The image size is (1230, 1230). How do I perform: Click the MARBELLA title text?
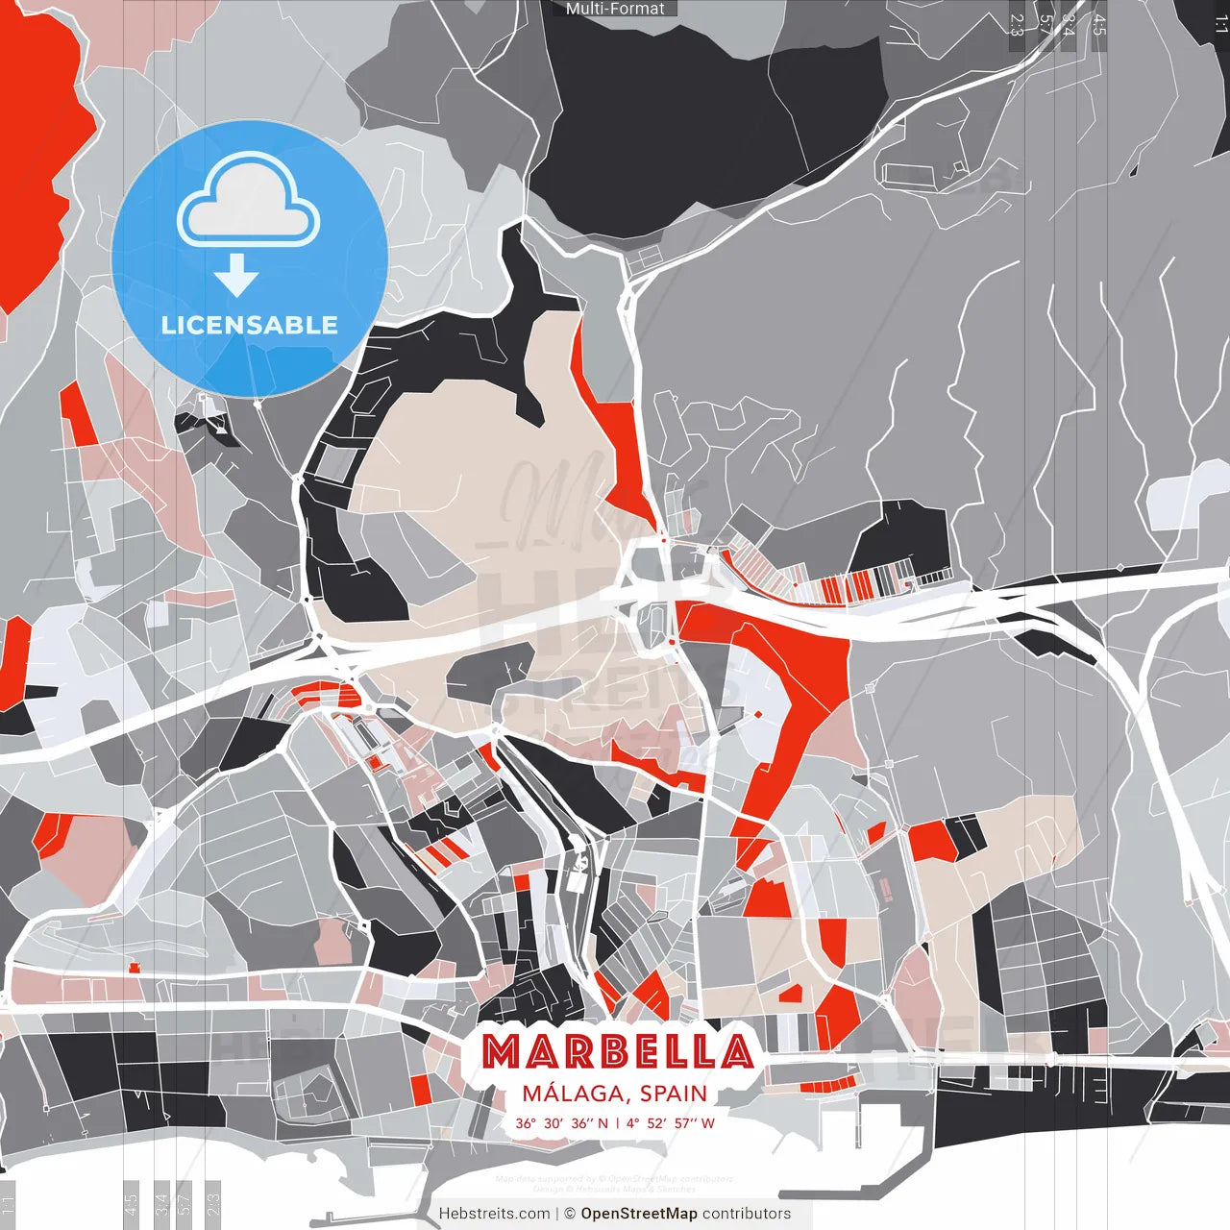point(617,1051)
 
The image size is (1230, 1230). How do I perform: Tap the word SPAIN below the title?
point(673,1094)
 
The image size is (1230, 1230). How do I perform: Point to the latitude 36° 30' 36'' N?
point(561,1122)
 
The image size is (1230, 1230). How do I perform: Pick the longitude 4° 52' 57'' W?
point(670,1122)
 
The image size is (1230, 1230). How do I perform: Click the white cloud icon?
point(249,202)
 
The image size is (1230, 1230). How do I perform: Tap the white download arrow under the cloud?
point(236,277)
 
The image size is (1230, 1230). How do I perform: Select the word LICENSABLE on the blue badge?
point(249,325)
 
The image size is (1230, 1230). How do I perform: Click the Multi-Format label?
point(615,9)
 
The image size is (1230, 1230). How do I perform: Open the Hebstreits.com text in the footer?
point(494,1214)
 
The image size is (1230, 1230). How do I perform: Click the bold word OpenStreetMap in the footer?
point(639,1214)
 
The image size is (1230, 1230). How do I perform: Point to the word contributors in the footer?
point(747,1214)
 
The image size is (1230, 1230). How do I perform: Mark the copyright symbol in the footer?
point(570,1214)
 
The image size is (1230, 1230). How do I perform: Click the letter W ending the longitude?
point(707,1122)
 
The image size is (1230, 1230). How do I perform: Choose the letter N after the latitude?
point(603,1122)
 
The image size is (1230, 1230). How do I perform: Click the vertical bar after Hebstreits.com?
point(557,1214)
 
